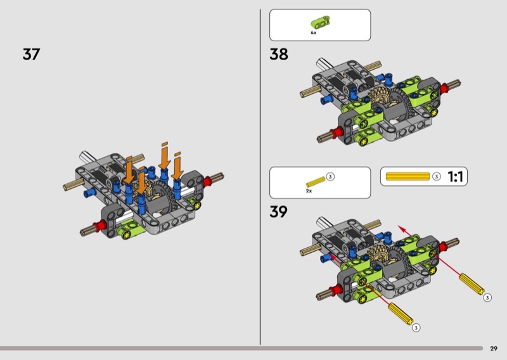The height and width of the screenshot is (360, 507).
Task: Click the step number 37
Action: point(31,54)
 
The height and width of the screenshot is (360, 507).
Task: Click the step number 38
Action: point(279,54)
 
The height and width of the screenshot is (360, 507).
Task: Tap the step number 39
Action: point(278,212)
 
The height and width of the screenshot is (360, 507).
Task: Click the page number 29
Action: point(494,349)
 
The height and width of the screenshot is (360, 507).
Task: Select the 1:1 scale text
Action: point(455,176)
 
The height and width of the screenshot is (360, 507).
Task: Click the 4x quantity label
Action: point(313,33)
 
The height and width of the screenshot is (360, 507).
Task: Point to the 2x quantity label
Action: point(309,191)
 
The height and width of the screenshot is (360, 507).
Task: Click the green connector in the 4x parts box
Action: point(320,22)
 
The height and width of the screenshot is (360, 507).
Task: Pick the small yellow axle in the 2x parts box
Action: point(316,182)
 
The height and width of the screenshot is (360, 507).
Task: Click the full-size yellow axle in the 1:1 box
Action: point(408,176)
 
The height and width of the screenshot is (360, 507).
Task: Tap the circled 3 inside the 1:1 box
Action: point(437,176)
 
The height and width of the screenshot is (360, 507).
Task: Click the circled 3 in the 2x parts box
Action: point(330,177)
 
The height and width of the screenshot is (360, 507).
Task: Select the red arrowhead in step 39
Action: point(402,229)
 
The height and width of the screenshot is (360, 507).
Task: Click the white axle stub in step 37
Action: point(87,157)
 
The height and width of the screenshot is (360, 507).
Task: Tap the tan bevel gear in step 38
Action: point(378,97)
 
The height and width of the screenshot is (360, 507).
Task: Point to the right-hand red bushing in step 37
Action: point(208,181)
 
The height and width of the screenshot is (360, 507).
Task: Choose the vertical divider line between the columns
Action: point(260,177)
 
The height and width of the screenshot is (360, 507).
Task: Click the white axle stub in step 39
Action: point(324,222)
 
